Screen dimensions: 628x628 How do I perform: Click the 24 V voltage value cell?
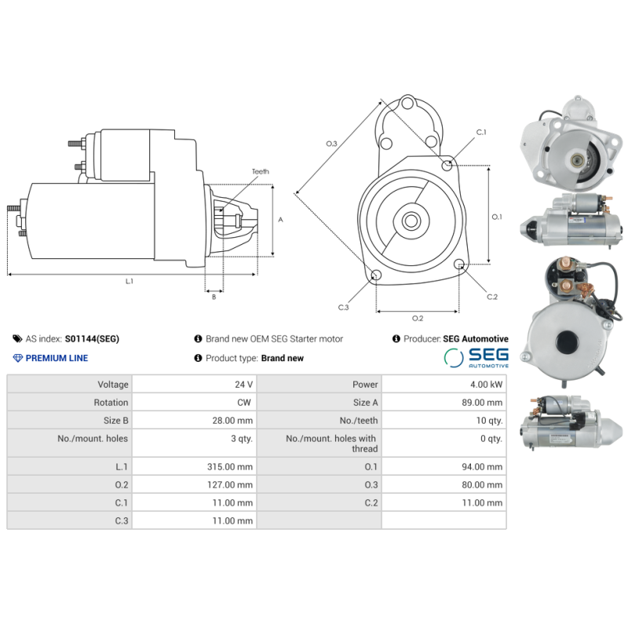pyautogui.click(x=243, y=385)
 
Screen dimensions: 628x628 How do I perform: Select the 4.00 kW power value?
pyautogui.click(x=486, y=385)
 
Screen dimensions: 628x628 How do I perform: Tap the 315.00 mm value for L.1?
pyautogui.click(x=230, y=466)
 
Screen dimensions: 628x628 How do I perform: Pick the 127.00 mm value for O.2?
pyautogui.click(x=230, y=484)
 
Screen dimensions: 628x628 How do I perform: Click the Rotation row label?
pyautogui.click(x=111, y=403)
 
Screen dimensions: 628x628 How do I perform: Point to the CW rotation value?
pyautogui.click(x=244, y=403)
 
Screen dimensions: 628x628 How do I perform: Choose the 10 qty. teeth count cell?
pyautogui.click(x=489, y=421)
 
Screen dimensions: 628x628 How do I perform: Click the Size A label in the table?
pyautogui.click(x=365, y=403)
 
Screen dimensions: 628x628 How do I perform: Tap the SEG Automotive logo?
pyautogui.click(x=476, y=358)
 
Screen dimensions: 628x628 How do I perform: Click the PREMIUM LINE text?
pyautogui.click(x=57, y=358)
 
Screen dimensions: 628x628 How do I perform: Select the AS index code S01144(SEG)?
pyautogui.click(x=92, y=339)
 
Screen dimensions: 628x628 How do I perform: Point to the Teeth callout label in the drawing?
pyautogui.click(x=261, y=171)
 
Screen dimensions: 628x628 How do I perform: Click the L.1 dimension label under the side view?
pyautogui.click(x=129, y=282)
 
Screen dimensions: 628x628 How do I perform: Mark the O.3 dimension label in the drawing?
pyautogui.click(x=331, y=144)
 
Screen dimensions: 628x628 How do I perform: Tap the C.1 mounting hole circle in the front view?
pyautogui.click(x=447, y=165)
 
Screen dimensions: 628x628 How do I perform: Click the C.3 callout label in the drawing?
pyautogui.click(x=343, y=308)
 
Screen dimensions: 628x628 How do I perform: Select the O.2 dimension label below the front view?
pyautogui.click(x=418, y=319)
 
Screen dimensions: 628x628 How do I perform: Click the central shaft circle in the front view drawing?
pyautogui.click(x=411, y=221)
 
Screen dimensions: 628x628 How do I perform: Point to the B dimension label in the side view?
pyautogui.click(x=214, y=298)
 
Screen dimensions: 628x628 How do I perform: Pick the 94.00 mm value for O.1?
pyautogui.click(x=482, y=466)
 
